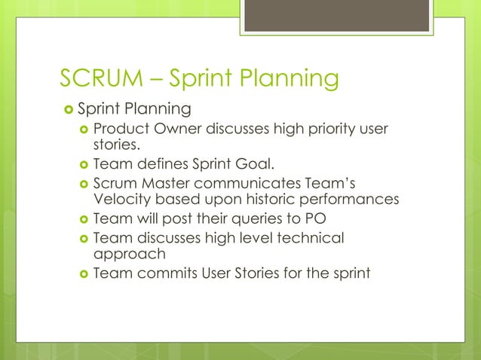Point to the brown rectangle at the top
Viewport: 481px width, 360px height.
click(335, 16)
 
